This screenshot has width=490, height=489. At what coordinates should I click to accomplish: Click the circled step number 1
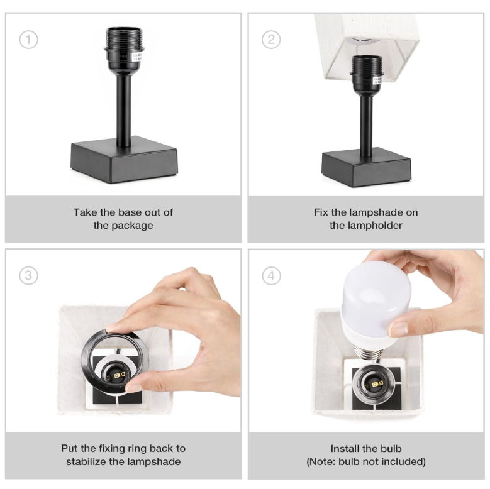point(28,40)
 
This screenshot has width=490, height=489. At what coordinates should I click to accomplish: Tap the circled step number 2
point(271,40)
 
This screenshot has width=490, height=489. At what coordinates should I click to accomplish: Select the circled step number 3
point(28,275)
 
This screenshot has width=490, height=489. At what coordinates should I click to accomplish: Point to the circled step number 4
point(271,275)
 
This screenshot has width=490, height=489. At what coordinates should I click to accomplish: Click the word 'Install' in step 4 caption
point(345,448)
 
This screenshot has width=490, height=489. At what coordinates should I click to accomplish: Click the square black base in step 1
point(125,160)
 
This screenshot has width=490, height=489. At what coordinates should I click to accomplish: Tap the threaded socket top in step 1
point(125,38)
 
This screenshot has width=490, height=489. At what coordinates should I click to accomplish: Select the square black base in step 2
point(367,168)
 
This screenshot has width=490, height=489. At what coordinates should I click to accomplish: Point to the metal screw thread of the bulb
point(369,352)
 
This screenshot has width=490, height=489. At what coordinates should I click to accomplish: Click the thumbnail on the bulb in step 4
point(398,329)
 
